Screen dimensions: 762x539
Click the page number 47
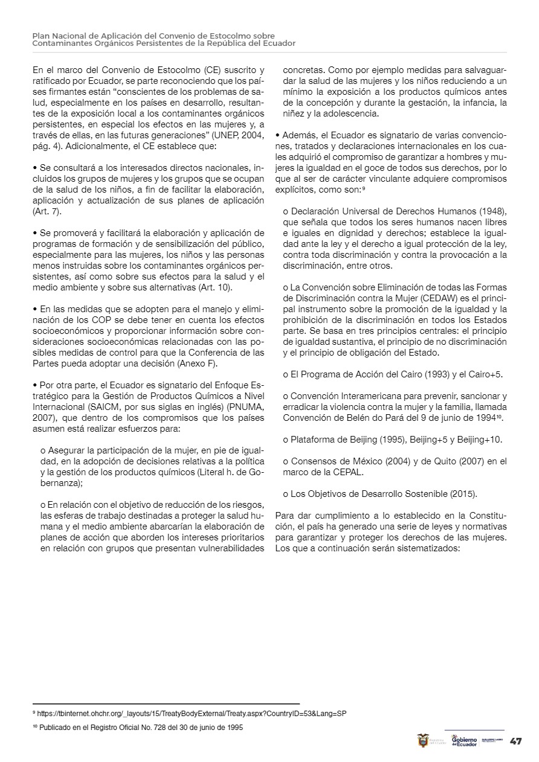(516, 741)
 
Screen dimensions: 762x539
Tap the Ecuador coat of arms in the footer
(423, 740)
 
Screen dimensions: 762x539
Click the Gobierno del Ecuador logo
(464, 741)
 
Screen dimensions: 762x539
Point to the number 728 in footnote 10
(156, 728)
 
